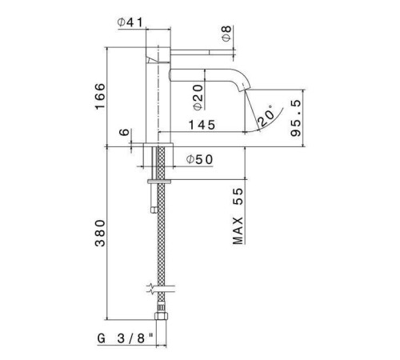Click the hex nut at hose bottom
160,311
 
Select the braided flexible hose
160,240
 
